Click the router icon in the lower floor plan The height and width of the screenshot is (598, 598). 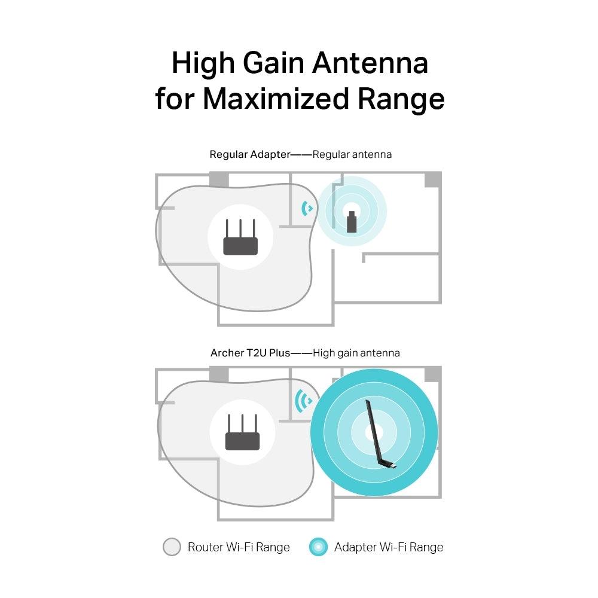coord(242,434)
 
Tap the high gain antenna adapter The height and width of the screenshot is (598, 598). coord(378,434)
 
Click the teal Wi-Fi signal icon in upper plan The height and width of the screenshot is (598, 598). coord(307,208)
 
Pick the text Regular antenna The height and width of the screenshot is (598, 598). coord(352,154)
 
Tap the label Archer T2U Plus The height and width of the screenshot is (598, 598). coord(250,353)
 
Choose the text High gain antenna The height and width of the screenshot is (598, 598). coord(356,353)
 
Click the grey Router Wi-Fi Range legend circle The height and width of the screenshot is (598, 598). coord(172,547)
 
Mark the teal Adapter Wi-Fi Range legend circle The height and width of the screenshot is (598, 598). coord(318,547)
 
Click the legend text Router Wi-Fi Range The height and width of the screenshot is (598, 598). coord(239,547)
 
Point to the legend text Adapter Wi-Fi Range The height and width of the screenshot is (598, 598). coord(389,547)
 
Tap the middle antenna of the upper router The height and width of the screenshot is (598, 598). coord(240,228)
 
